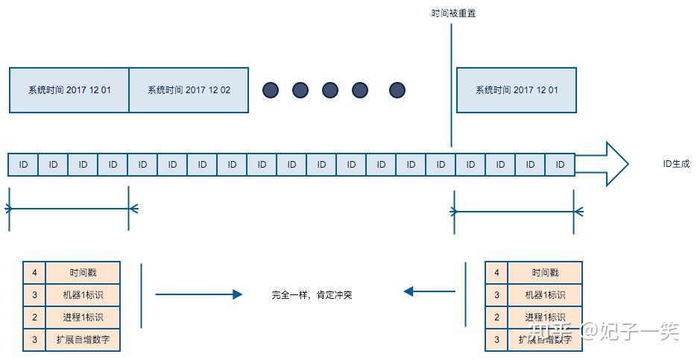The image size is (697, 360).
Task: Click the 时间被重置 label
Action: pyautogui.click(x=453, y=13)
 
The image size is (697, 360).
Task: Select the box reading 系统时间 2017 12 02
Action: pyautogui.click(x=189, y=90)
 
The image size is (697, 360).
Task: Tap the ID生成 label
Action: pyautogui.click(x=676, y=164)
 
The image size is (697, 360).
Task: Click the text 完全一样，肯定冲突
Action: pyautogui.click(x=312, y=295)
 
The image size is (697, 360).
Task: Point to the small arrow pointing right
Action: pyautogui.click(x=198, y=294)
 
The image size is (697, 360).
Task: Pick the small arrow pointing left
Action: pyautogui.click(x=429, y=291)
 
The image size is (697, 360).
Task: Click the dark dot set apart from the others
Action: pyautogui.click(x=397, y=90)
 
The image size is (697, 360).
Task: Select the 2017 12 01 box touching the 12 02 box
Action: pyautogui.click(x=69, y=90)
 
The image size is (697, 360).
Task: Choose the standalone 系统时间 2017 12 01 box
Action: pyautogui.click(x=516, y=90)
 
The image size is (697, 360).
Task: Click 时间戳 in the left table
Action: pyautogui.click(x=83, y=273)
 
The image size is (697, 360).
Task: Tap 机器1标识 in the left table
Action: pyautogui.click(x=83, y=295)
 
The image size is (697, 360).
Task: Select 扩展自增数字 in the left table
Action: pyautogui.click(x=83, y=340)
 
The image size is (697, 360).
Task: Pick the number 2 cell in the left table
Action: pyautogui.click(x=34, y=318)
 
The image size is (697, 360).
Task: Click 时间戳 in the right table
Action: pyautogui.click(x=545, y=273)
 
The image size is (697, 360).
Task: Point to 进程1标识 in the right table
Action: pyautogui.click(x=545, y=318)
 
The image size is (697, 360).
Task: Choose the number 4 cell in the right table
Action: pyautogui.click(x=496, y=273)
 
